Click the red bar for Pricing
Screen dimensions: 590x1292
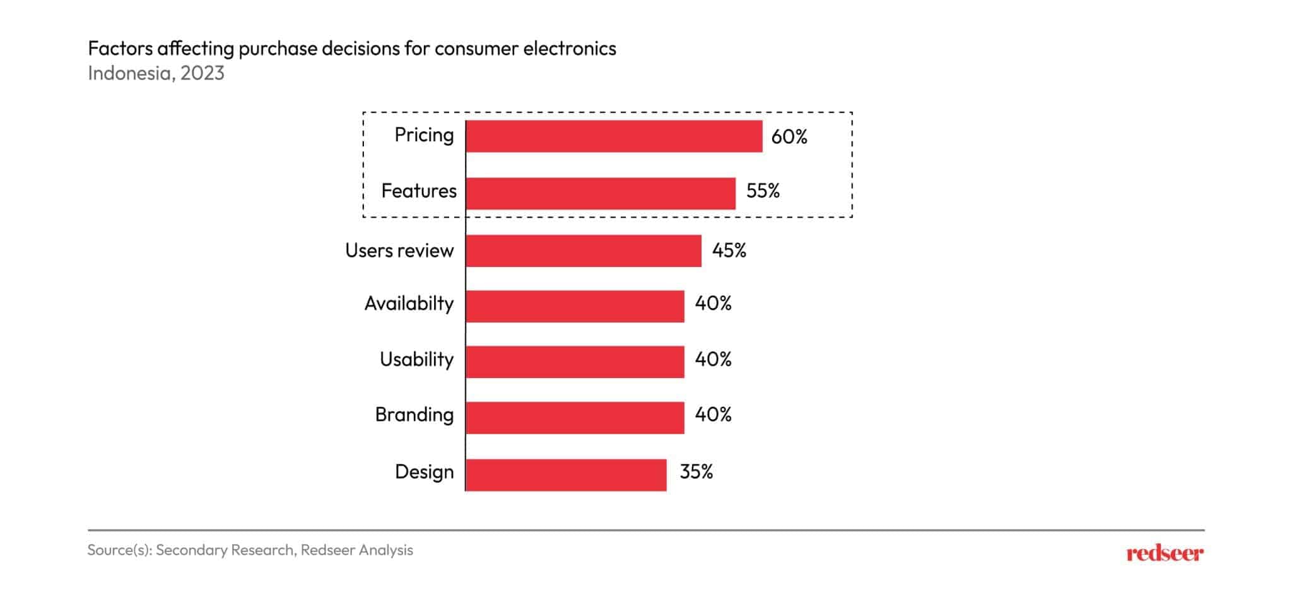[614, 136]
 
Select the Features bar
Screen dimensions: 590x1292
[601, 193]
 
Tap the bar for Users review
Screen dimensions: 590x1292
[584, 251]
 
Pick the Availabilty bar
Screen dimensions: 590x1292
[575, 306]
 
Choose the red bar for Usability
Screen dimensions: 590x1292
[575, 362]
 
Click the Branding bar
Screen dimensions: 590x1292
[575, 417]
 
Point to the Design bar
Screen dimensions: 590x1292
[566, 475]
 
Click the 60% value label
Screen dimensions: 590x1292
[789, 137]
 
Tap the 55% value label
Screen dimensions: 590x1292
[763, 191]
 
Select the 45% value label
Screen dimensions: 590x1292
[729, 251]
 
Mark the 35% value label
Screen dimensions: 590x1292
[696, 472]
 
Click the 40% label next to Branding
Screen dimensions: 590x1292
[713, 415]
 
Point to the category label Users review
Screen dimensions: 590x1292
[399, 251]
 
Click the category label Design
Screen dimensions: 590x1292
[424, 472]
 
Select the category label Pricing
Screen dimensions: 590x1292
[424, 135]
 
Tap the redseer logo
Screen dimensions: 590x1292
[1165, 553]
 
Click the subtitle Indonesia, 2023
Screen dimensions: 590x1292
[156, 73]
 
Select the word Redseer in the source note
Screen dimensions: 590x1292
[327, 550]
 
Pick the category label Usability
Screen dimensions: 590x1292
[416, 360]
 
